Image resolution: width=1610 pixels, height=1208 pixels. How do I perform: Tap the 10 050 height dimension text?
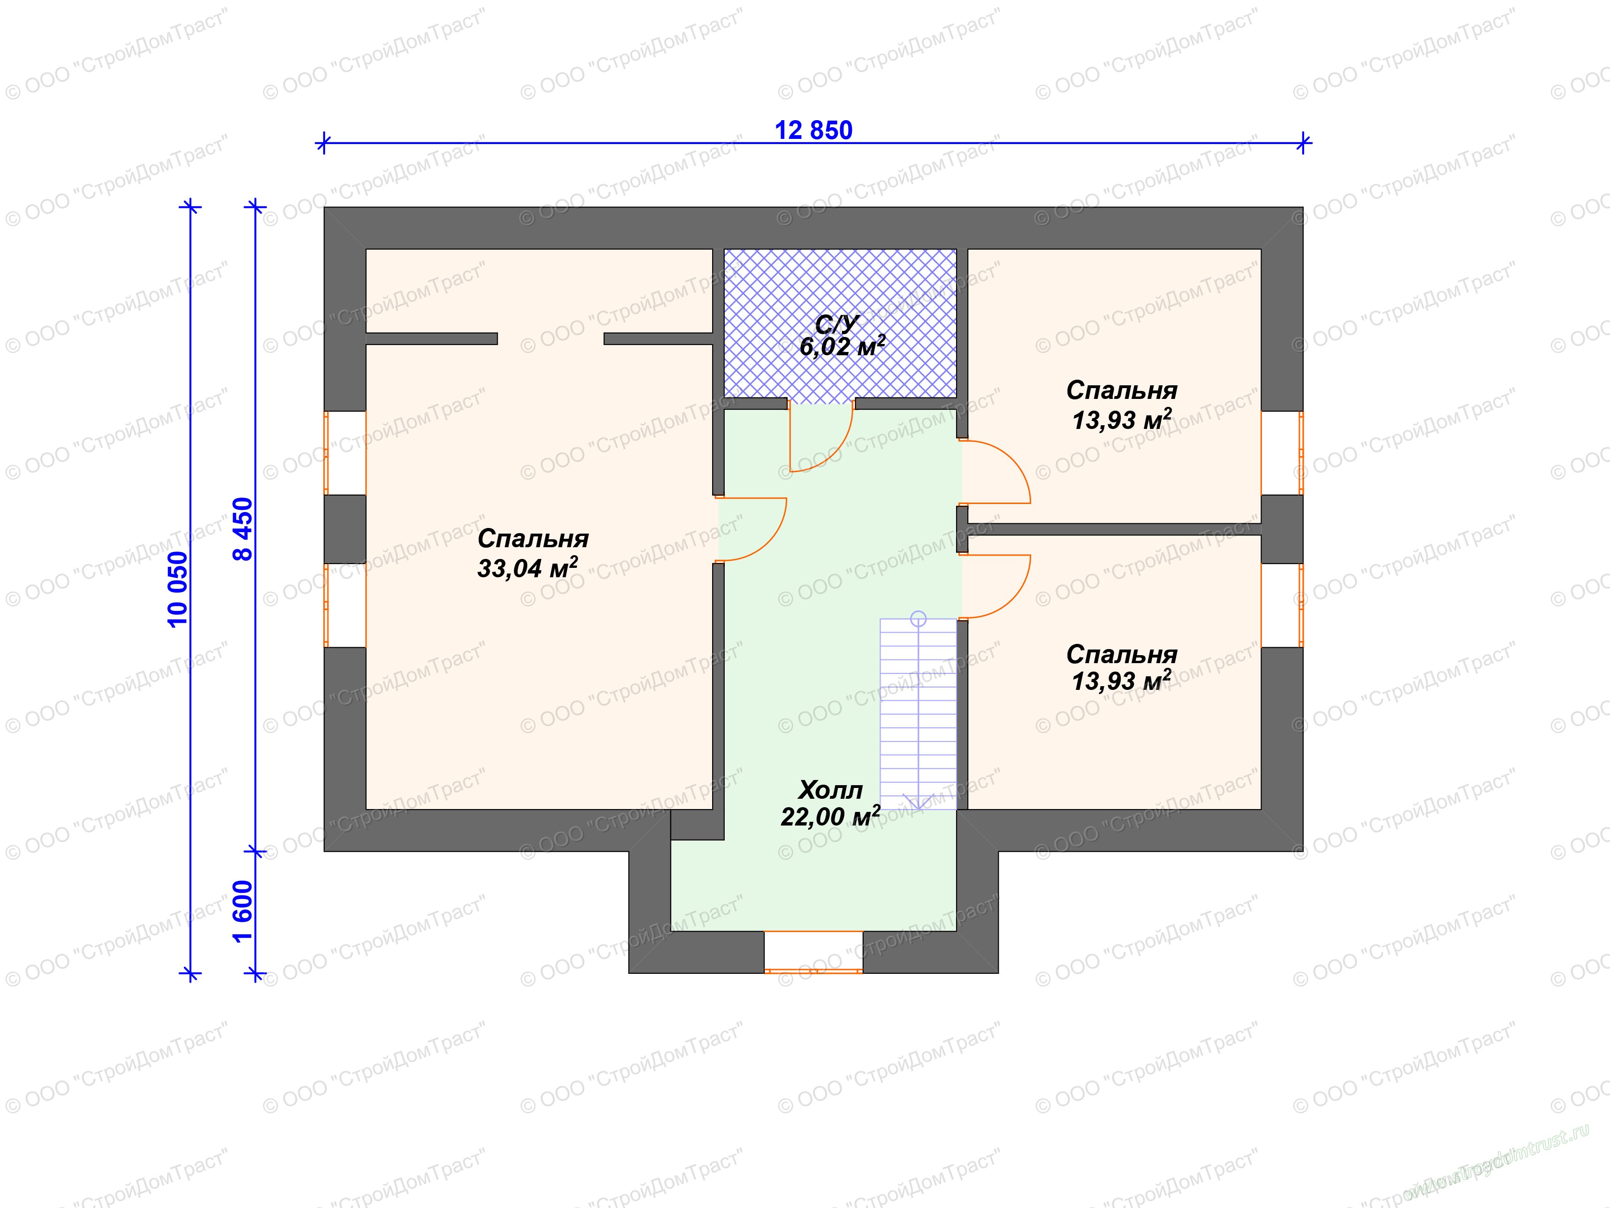point(178,589)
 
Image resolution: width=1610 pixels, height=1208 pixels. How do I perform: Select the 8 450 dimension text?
point(243,528)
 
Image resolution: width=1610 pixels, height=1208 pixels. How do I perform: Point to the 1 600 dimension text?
point(243,911)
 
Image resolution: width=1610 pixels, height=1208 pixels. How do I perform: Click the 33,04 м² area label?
point(528,567)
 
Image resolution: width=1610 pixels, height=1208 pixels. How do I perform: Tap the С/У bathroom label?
point(838,324)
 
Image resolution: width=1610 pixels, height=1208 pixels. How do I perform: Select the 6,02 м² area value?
point(842,346)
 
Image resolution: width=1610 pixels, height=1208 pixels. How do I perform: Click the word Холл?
point(830,790)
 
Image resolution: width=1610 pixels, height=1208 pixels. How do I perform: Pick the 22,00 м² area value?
point(830,816)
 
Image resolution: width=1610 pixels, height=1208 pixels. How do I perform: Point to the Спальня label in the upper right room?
point(1122,390)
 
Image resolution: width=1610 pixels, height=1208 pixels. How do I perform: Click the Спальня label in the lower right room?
point(1122,654)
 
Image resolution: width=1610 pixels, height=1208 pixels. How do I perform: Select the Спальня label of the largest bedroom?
point(533,538)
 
